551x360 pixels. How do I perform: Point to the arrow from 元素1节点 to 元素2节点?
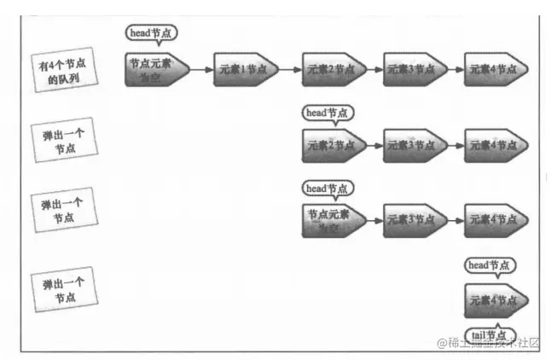pyautogui.click(x=288, y=69)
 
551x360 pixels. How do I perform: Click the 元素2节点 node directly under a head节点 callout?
pyautogui.click(x=333, y=145)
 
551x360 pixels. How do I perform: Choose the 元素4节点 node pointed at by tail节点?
pyautogui.click(x=496, y=300)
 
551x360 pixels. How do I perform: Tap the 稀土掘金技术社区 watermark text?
pyautogui.click(x=490, y=343)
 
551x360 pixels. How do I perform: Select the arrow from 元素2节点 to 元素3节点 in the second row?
pyautogui.click(x=374, y=146)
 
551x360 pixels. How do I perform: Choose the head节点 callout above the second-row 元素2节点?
pyautogui.click(x=328, y=113)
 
